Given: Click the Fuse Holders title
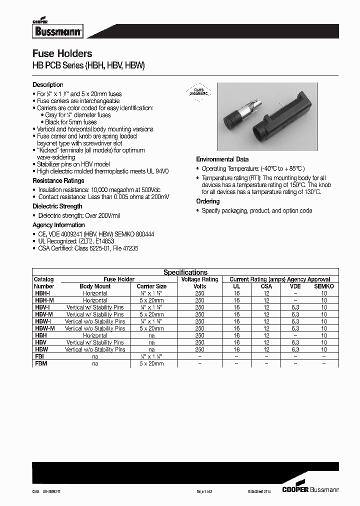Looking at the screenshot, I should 62,53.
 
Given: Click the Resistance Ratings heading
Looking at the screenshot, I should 58,180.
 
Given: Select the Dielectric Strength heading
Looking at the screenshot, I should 57,206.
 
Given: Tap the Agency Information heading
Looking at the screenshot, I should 58,225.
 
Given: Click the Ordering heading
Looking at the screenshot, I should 207,201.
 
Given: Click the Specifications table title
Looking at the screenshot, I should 185,272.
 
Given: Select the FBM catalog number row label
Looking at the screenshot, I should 40,363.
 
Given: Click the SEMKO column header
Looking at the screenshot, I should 324,286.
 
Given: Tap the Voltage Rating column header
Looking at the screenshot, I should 199,279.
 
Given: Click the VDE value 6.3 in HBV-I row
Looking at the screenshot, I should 295,307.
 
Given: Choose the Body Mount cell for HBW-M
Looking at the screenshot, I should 95,328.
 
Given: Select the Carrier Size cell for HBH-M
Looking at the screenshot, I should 151,300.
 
